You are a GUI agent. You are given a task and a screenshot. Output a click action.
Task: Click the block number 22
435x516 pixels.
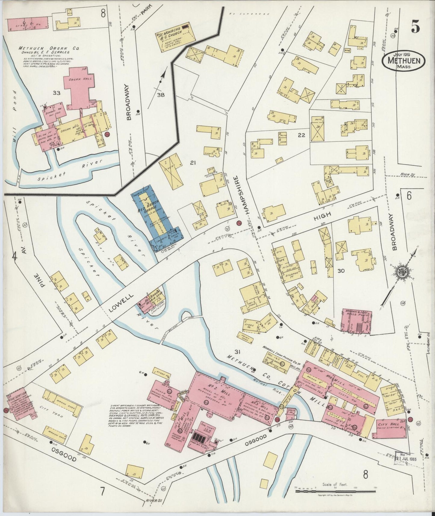[301, 135]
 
